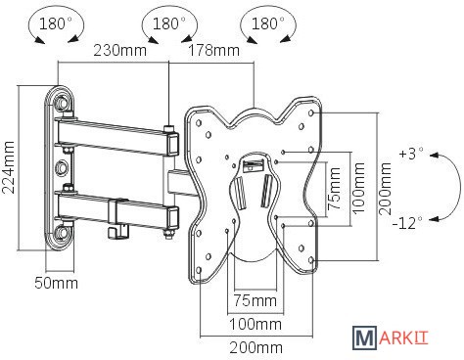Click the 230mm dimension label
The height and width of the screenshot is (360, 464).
pos(119,51)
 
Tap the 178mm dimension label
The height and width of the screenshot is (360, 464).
pos(214,51)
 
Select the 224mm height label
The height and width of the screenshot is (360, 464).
pos(9,167)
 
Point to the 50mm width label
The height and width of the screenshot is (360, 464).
pos(56,283)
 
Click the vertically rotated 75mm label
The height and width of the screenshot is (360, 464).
pos(334,189)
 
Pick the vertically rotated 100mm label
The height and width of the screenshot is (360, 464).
pos(359,188)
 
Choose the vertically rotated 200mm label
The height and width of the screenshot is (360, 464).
pos(385,189)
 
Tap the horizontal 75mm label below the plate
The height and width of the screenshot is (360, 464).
pos(255,300)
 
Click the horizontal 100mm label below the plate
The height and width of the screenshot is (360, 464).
pos(255,324)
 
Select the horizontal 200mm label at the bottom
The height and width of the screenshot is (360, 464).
pos(256,348)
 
